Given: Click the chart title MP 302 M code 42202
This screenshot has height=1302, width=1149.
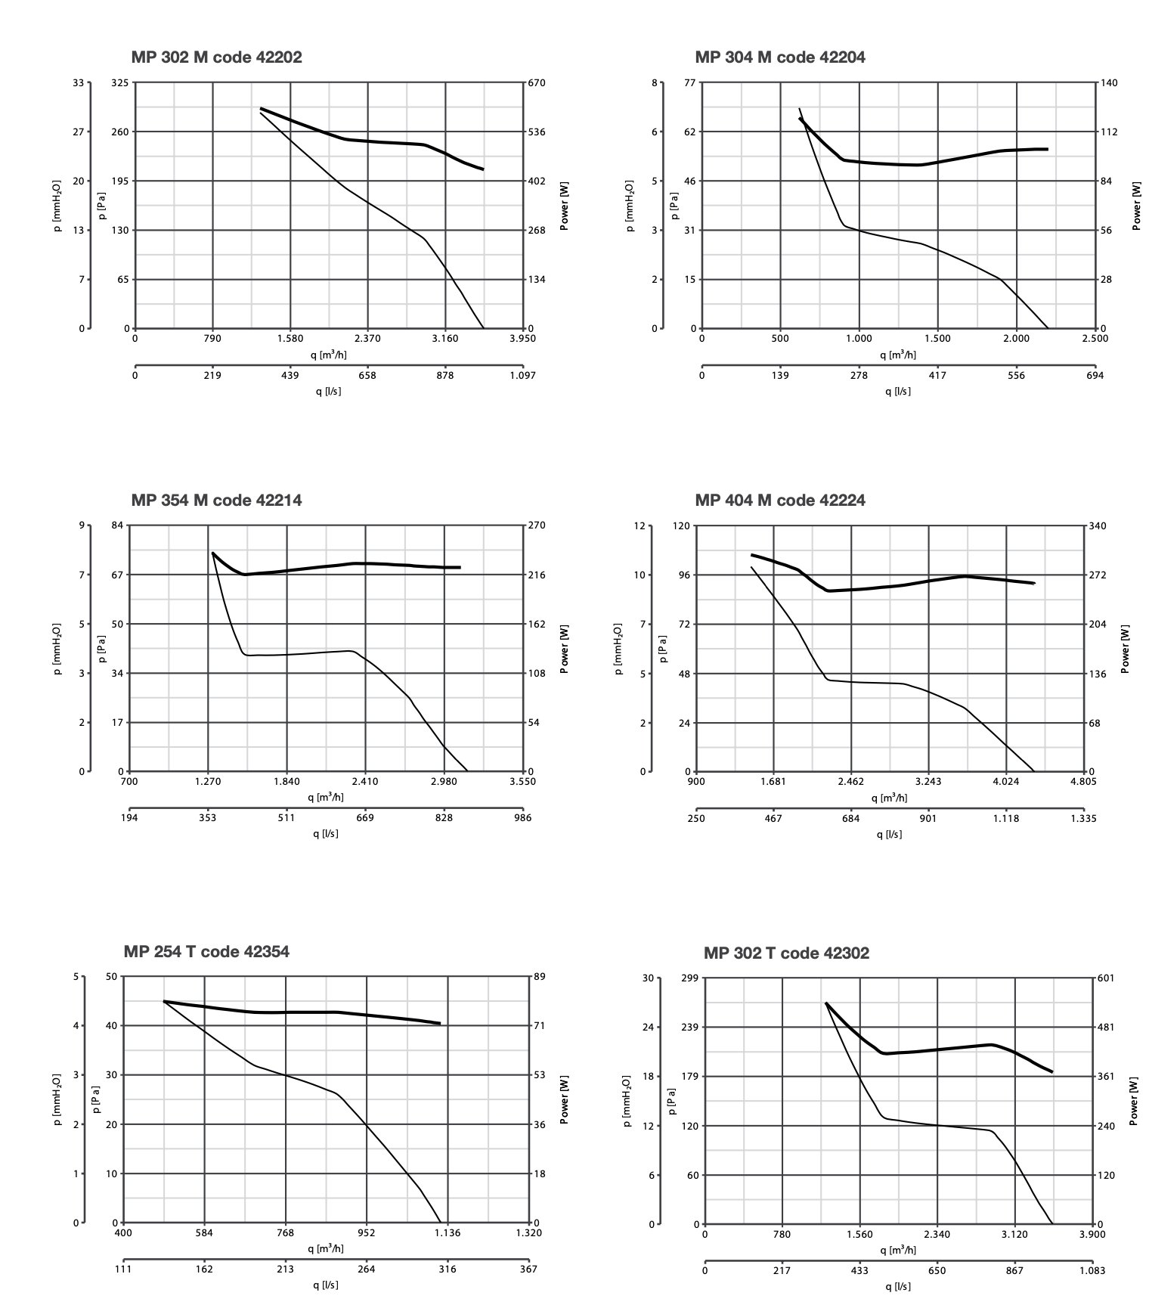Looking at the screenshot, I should point(216,57).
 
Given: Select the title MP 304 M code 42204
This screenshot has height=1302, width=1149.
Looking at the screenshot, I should point(780,57).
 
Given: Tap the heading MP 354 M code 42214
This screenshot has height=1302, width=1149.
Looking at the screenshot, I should point(216,501).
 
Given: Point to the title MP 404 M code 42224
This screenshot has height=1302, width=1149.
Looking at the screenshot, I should point(780,501).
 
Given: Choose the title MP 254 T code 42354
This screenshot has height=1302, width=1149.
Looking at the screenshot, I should point(206,951).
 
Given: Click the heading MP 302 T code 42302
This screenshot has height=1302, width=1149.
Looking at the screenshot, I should point(786,953).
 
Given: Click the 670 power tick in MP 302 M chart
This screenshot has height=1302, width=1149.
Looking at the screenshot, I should point(537,82).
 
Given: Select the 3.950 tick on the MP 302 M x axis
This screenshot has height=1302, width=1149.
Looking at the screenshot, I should point(522,338).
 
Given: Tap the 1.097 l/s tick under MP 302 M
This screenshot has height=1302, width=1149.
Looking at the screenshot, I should point(522,375).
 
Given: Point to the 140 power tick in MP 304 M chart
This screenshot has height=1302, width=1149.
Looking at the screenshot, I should point(1108,82).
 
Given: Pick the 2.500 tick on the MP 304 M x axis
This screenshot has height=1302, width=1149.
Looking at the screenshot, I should point(1095,338).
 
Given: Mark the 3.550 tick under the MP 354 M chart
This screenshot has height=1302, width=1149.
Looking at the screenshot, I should point(522,781).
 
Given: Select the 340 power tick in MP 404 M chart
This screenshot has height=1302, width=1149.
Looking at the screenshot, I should point(1098,525).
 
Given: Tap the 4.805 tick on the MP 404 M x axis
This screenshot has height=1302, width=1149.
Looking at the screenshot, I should point(1083,781).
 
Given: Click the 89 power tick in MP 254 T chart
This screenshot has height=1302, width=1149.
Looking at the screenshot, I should point(540,977).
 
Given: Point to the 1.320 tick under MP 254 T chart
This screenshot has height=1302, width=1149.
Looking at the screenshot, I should point(528,1233).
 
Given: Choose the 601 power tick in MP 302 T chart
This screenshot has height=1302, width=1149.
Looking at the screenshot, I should point(1106,978).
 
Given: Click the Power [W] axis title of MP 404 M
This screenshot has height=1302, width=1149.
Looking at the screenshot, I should point(1126,649).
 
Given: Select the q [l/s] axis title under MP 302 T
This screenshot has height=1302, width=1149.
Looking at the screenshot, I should point(898,1286).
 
